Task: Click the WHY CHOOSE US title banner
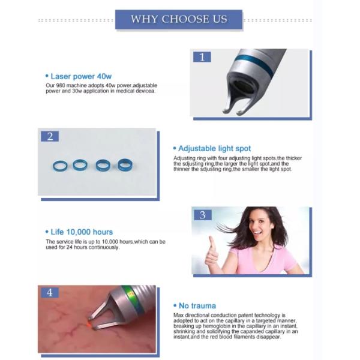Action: (179, 19)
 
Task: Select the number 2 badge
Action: (50, 136)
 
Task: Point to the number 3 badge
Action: (202, 215)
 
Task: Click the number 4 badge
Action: (50, 293)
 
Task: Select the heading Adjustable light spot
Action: (214, 148)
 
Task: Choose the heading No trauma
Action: (197, 306)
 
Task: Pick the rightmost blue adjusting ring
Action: (125, 164)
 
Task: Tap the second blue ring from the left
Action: (80, 164)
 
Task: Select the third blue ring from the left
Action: (103, 164)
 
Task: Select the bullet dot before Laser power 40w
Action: (47, 77)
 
